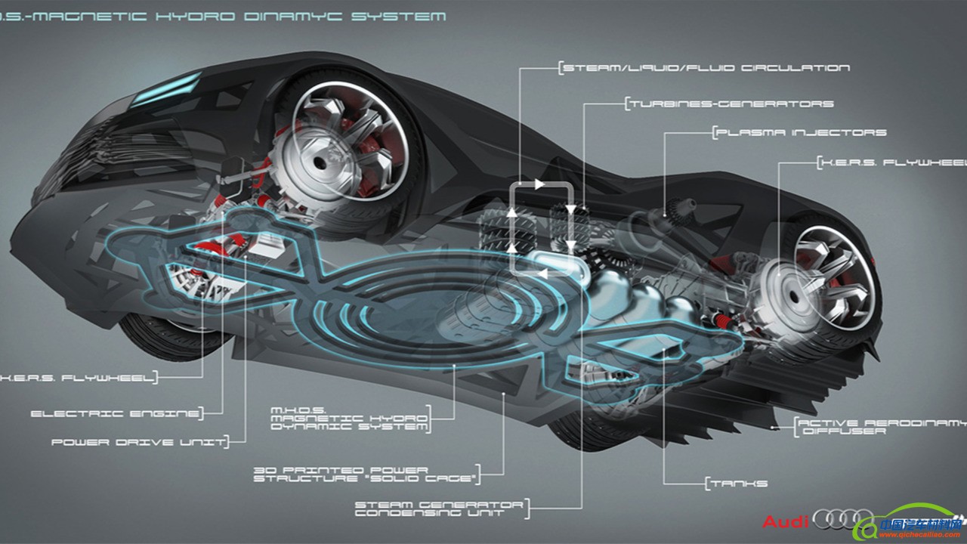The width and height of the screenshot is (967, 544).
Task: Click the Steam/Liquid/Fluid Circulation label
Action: point(706,68)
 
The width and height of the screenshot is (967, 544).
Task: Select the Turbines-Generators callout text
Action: point(730,104)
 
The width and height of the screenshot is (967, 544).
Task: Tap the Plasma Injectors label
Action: point(801,133)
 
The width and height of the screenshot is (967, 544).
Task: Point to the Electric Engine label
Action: point(116,414)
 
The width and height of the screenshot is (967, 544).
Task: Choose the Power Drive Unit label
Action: point(138,442)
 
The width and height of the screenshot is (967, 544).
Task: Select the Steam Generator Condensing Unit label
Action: point(440,508)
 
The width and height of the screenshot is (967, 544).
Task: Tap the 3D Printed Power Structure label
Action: point(366,474)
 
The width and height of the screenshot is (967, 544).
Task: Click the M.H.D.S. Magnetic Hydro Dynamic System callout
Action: point(349,418)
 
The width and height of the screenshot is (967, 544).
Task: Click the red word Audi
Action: point(786,521)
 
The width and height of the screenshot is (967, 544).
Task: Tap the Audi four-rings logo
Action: point(843,520)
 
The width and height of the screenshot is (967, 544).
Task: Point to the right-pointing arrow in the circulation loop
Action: point(539,184)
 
